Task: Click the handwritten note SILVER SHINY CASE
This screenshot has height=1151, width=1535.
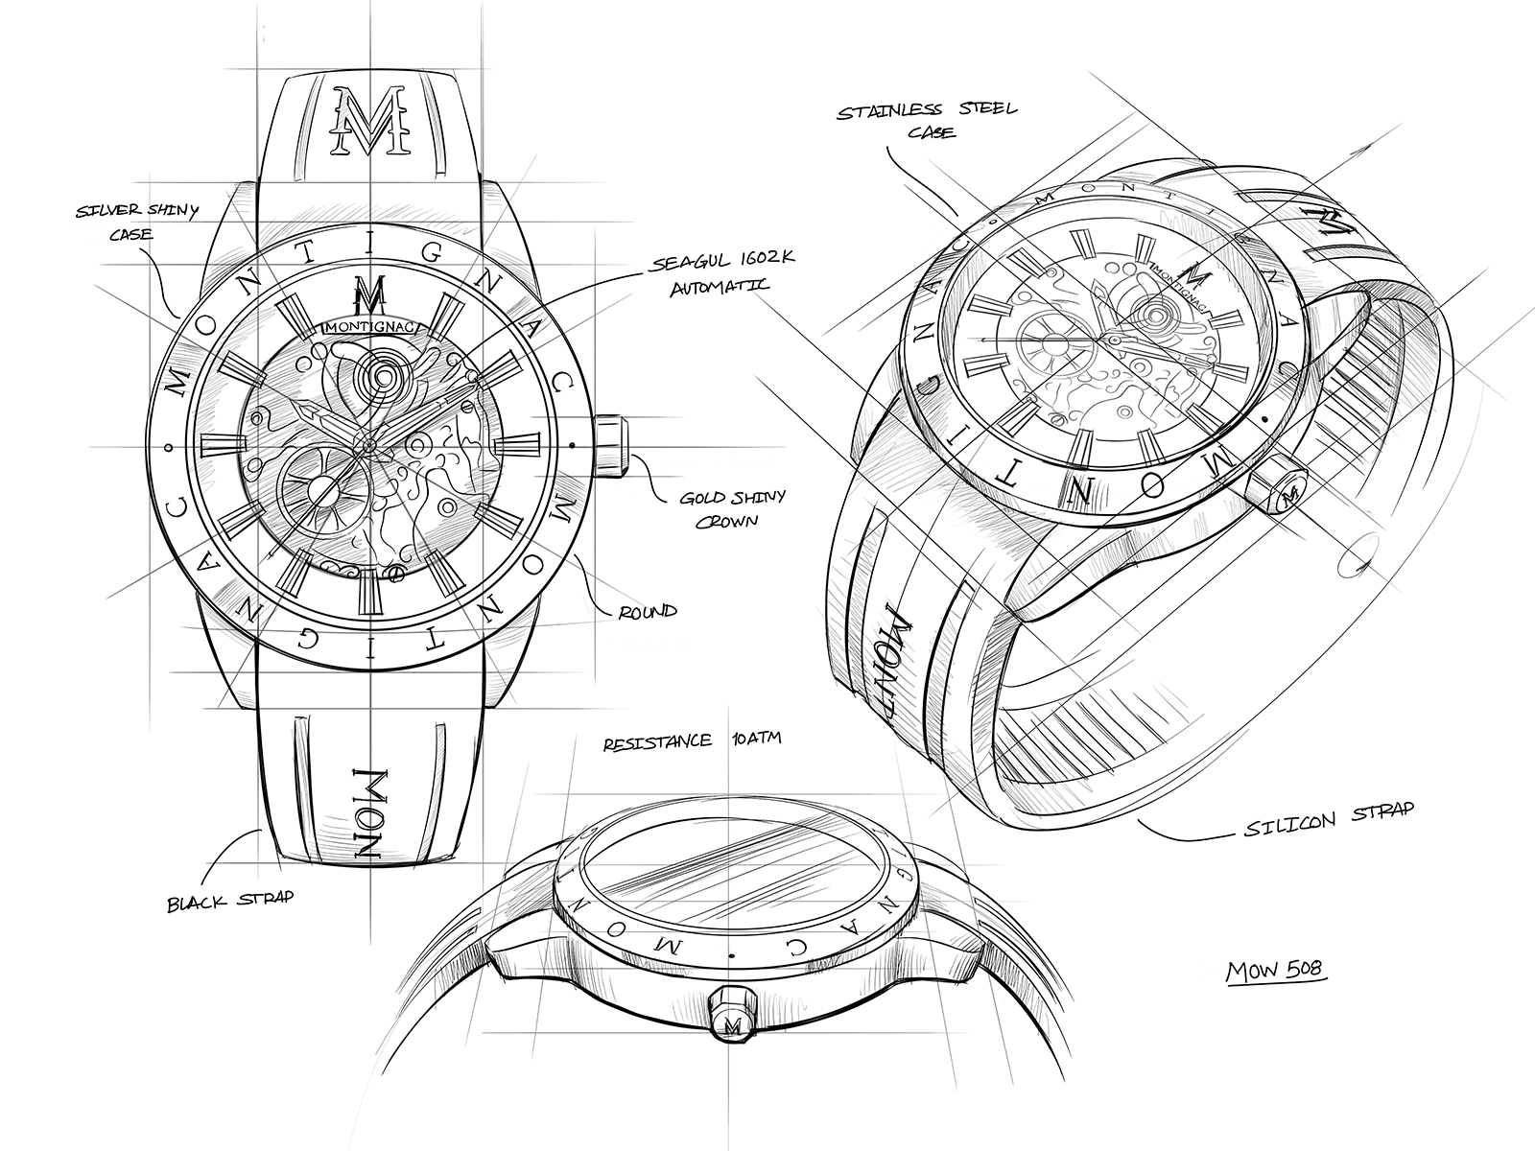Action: pyautogui.click(x=136, y=222)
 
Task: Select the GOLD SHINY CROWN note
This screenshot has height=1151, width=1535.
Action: pyautogui.click(x=731, y=508)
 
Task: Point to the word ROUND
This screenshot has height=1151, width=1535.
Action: pyautogui.click(x=648, y=612)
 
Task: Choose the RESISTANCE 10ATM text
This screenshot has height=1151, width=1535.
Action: pyautogui.click(x=693, y=740)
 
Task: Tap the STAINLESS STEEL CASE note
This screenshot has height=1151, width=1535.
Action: pyautogui.click(x=928, y=120)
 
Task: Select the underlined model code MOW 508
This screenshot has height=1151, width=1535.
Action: pyautogui.click(x=1275, y=971)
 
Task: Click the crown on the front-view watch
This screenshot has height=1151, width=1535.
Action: pyautogui.click(x=613, y=446)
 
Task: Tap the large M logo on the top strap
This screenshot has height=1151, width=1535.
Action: pyautogui.click(x=370, y=120)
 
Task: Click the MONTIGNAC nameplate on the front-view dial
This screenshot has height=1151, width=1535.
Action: pyautogui.click(x=371, y=326)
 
